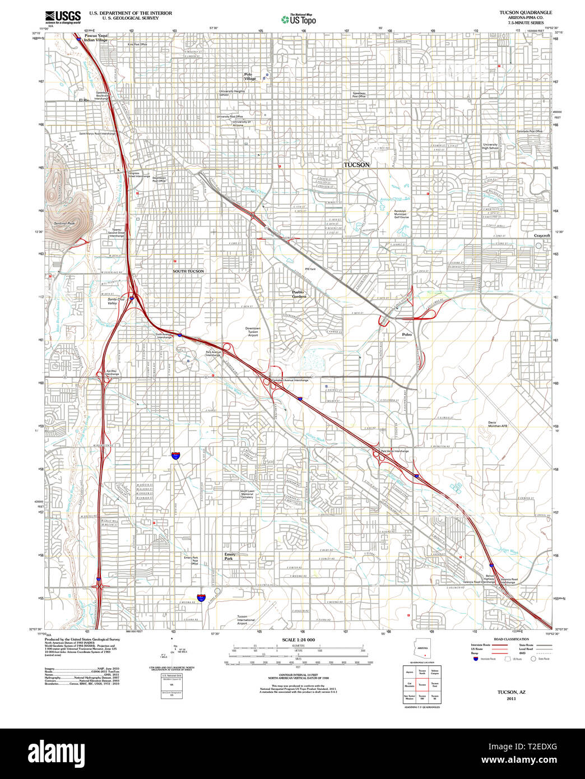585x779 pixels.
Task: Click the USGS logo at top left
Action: (x=62, y=16)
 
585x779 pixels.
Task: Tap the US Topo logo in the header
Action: (x=299, y=19)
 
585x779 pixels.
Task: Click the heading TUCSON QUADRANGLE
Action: (x=526, y=12)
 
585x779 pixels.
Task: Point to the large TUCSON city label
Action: (x=356, y=165)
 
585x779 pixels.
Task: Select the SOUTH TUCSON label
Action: (x=188, y=271)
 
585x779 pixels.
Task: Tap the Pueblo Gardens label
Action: (x=299, y=294)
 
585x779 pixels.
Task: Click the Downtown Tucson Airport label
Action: (x=253, y=332)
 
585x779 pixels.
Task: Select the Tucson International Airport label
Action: (x=245, y=620)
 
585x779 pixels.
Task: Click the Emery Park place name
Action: (x=230, y=557)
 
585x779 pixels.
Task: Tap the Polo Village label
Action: (x=250, y=76)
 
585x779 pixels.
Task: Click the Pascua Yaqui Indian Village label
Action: (x=95, y=38)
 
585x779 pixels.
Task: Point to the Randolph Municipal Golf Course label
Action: (x=400, y=214)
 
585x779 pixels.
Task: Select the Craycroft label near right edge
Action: (x=542, y=236)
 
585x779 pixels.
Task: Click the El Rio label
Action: (x=84, y=100)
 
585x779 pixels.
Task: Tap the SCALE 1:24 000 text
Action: (x=298, y=640)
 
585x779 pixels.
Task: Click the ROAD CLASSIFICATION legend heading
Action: (x=512, y=639)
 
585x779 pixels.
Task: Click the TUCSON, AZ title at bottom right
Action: (x=511, y=692)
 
